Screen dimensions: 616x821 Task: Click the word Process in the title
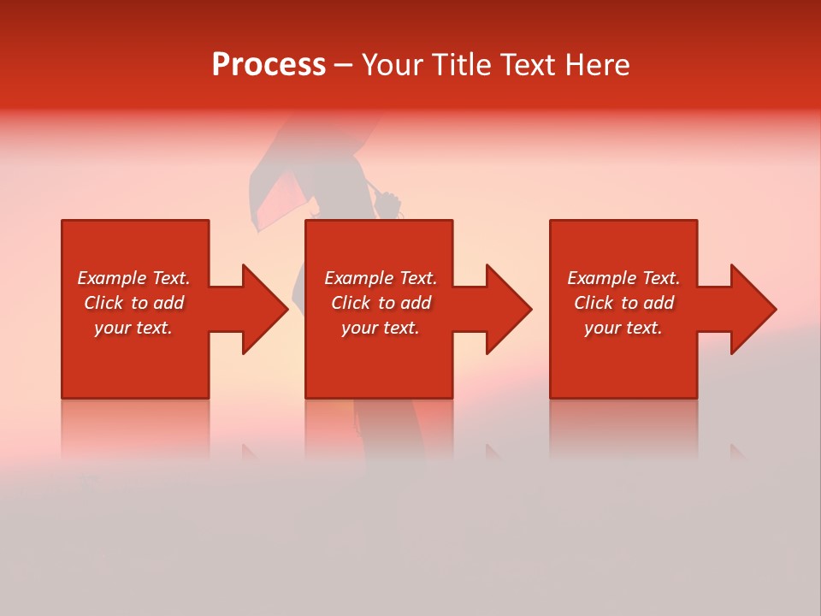point(269,65)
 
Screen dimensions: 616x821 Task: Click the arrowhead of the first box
point(262,309)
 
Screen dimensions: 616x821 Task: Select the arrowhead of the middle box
point(505,309)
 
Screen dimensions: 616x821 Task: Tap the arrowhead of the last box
point(750,309)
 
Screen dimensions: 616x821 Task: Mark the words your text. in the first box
point(133,328)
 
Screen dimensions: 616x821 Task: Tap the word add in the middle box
point(416,303)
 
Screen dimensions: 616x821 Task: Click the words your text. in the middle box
point(380,328)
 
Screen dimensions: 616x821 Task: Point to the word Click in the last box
point(594,303)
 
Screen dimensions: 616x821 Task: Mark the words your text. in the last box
point(623,328)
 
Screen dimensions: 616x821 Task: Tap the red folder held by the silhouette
point(278,201)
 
